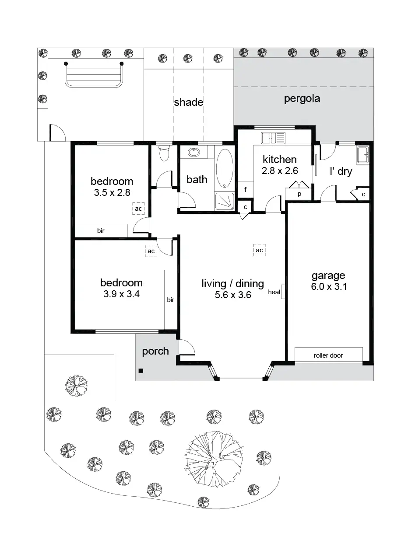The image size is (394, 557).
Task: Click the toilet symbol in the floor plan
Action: click(164, 153)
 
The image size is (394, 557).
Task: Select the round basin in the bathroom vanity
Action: click(194, 152)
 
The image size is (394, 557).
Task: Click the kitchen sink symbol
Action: click(273, 138)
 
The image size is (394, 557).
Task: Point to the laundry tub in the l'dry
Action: click(362, 155)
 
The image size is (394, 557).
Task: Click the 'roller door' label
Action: click(328, 355)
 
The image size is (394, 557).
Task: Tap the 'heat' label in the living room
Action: click(274, 292)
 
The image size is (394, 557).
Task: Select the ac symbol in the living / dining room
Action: click(259, 250)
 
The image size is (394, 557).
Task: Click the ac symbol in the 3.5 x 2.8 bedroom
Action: click(138, 209)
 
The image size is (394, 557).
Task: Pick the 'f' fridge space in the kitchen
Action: click(245, 189)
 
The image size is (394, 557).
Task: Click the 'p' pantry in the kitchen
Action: click(299, 194)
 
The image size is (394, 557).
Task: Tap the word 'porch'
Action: click(155, 351)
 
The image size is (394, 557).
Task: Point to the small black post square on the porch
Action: click(141, 371)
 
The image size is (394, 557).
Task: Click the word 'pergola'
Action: click(302, 99)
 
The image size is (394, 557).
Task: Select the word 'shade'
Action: click(189, 102)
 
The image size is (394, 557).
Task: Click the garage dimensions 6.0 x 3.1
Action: click(329, 286)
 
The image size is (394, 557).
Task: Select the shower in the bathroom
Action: click(225, 202)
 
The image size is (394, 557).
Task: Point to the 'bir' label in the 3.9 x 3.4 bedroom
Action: click(170, 300)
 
